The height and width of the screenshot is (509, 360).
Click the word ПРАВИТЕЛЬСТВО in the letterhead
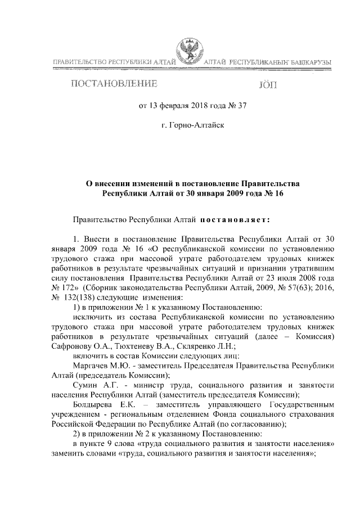[79, 61]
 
